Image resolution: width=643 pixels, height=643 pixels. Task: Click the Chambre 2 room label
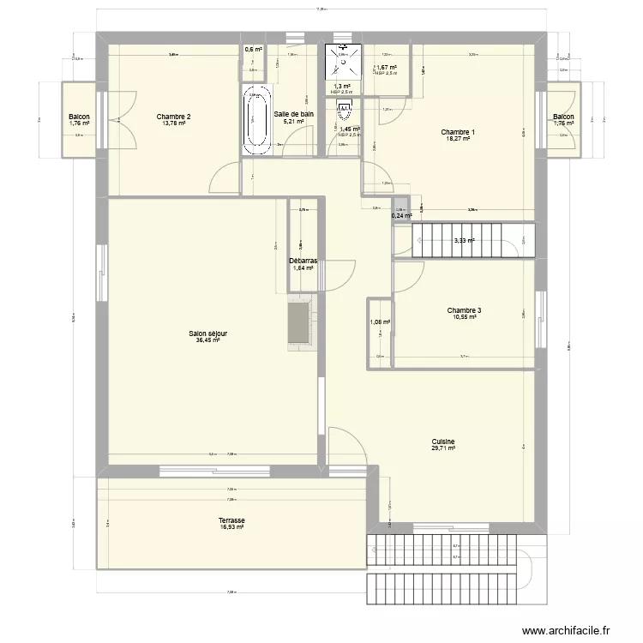(173, 117)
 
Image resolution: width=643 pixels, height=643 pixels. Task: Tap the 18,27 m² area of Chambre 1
(457, 139)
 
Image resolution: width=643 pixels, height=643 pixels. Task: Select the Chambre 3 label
(464, 310)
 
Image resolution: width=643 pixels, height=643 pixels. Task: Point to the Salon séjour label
(207, 334)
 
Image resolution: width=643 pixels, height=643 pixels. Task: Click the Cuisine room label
(443, 441)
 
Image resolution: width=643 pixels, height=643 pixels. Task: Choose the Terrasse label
(231, 520)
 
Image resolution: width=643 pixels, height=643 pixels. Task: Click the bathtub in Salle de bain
(255, 120)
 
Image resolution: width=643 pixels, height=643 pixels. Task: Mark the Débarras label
(303, 261)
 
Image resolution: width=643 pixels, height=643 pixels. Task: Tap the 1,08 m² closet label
(380, 322)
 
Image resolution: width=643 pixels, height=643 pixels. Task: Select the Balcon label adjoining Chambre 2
(79, 117)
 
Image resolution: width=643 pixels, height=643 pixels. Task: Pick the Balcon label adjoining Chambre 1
(563, 117)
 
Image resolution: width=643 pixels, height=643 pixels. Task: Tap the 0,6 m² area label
(253, 50)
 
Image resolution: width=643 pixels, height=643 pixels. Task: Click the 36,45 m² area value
(207, 340)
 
